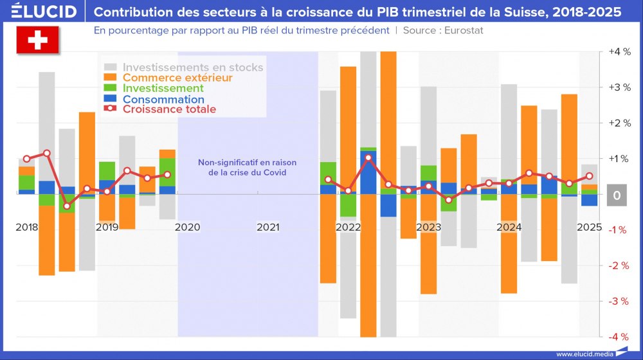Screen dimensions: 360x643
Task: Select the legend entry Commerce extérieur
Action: tap(177, 78)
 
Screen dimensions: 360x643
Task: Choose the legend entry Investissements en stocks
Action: tap(193, 67)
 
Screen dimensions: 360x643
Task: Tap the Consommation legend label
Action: tap(163, 99)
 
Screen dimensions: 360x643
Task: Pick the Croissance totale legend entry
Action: tap(169, 109)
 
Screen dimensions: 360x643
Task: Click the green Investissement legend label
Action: tap(163, 88)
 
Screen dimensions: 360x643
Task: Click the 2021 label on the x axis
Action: tap(268, 227)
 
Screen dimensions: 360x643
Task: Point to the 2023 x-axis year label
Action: tap(429, 227)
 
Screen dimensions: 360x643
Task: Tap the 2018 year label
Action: tap(27, 227)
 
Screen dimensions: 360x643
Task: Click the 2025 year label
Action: tap(589, 227)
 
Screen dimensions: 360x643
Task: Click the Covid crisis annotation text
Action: tap(247, 167)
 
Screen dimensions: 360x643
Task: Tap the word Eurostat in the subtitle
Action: tap(462, 30)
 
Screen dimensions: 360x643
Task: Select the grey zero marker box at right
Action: tap(616, 195)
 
